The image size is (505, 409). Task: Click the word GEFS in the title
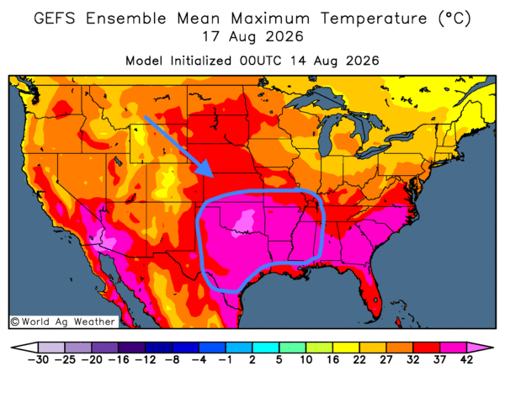[x=55, y=18]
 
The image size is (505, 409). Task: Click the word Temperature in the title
[x=374, y=19]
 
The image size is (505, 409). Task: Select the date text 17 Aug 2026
[x=252, y=37]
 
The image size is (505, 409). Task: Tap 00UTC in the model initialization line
[x=260, y=61]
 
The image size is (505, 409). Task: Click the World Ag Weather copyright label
[x=63, y=321]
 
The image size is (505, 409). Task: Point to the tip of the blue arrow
[x=213, y=178]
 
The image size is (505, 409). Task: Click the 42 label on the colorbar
[x=466, y=359]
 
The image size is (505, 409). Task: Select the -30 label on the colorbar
[x=38, y=359]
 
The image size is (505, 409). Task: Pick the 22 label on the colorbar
[x=359, y=359]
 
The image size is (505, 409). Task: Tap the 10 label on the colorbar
[x=306, y=359]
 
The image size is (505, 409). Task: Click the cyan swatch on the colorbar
[x=265, y=348]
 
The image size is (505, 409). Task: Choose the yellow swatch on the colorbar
[x=346, y=348]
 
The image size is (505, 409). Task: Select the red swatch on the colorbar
[x=426, y=348]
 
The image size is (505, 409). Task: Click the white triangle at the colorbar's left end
[x=27, y=348]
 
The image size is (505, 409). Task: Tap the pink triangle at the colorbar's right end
[x=478, y=348]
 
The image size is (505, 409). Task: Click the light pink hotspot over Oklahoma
[x=244, y=221]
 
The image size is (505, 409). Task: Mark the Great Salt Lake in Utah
[x=118, y=161]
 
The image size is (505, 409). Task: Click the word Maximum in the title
[x=270, y=18]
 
